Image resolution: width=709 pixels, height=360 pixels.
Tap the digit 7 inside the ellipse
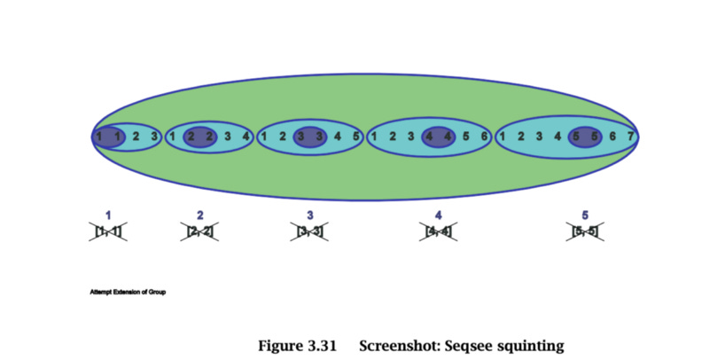click(630, 137)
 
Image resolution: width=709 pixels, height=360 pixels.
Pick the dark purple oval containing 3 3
click(309, 137)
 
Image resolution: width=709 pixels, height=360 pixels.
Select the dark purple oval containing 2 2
click(199, 137)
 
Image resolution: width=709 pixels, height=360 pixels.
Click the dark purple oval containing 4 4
click(439, 137)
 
